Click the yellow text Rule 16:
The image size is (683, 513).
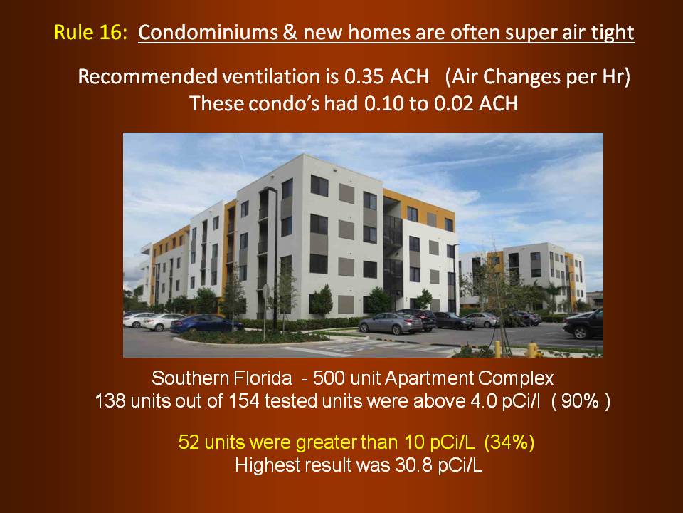click(90, 33)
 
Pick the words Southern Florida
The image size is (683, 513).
click(222, 378)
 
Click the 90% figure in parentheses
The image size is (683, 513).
click(580, 401)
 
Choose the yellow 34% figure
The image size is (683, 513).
click(509, 442)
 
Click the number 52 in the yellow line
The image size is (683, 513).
click(189, 442)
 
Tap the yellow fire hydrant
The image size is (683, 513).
click(532, 350)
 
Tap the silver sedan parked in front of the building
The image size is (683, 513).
click(391, 323)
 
